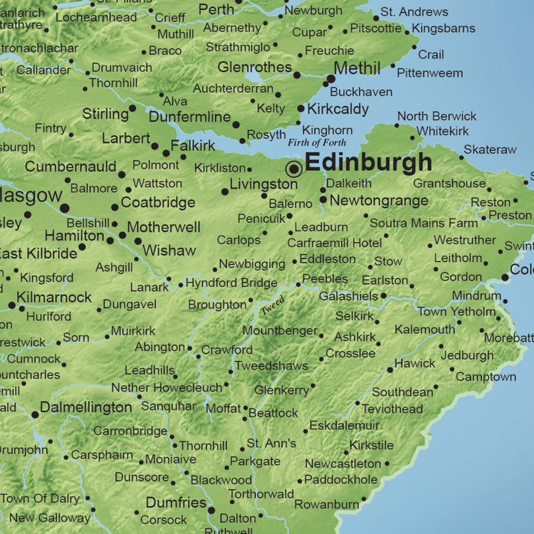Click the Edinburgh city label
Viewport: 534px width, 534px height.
click(368, 162)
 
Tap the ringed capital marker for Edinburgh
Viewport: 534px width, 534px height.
click(293, 169)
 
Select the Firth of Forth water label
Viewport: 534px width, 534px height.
click(317, 143)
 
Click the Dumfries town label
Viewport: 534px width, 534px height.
click(176, 503)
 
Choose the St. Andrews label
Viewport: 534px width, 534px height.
click(414, 12)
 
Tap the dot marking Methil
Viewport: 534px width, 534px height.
click(331, 79)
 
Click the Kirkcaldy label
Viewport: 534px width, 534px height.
click(337, 109)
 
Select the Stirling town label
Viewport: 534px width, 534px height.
click(105, 114)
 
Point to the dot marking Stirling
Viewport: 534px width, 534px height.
click(132, 109)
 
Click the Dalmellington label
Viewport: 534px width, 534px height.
click(85, 408)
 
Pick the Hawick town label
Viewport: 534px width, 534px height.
click(414, 363)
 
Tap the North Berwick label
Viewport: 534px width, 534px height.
click(436, 116)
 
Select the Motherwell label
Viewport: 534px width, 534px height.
click(164, 228)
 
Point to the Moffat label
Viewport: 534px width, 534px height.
click(223, 409)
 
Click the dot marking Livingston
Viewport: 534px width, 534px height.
click(224, 191)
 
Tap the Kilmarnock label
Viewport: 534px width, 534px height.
click(54, 297)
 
